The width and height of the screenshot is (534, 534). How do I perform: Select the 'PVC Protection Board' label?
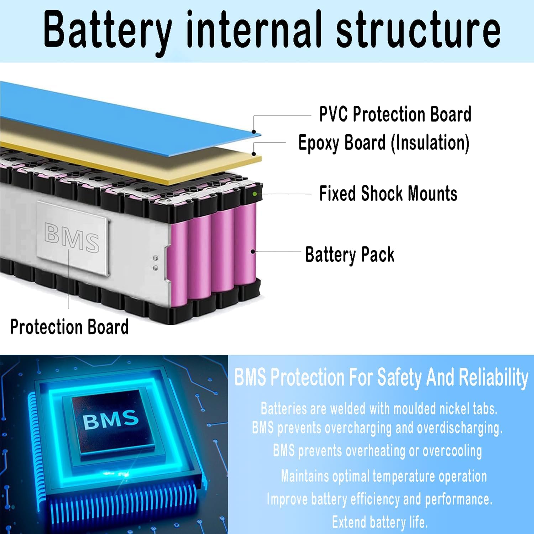tap(395, 114)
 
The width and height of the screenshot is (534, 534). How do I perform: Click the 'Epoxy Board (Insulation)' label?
tap(384, 143)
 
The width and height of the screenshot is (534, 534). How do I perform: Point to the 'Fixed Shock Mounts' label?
tap(388, 194)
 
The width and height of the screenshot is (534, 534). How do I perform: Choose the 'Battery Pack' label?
tap(350, 255)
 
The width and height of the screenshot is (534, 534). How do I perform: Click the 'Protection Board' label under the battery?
tap(69, 327)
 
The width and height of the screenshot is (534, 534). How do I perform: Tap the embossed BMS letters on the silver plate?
tap(72, 237)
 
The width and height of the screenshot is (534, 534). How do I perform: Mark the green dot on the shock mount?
tap(255, 194)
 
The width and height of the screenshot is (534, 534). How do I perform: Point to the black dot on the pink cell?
tap(253, 251)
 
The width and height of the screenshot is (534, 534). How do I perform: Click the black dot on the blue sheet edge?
tap(254, 132)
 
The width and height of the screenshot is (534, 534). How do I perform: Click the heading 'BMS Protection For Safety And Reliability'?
tap(381, 377)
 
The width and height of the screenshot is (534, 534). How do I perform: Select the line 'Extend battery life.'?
tap(380, 522)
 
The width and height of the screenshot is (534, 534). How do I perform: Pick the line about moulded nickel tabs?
tap(379, 409)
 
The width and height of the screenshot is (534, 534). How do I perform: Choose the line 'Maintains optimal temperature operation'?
tap(384, 476)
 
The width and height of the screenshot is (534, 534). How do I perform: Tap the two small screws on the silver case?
tap(156, 263)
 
